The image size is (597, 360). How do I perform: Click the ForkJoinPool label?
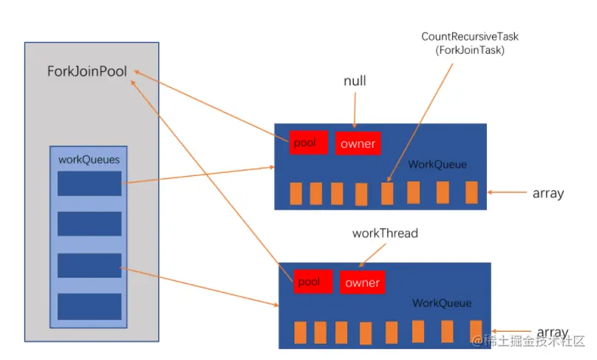click(x=86, y=71)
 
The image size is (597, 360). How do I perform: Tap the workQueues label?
click(x=89, y=159)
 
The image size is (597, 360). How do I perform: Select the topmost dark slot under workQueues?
click(x=89, y=183)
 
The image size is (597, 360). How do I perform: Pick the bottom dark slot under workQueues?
click(x=89, y=306)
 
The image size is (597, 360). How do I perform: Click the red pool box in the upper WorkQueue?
click(x=308, y=143)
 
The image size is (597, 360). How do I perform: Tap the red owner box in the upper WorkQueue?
click(x=358, y=143)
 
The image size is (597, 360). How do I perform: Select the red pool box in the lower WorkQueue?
click(x=313, y=282)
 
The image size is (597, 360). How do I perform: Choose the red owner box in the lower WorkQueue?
click(x=363, y=282)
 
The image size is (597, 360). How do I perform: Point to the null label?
click(x=355, y=81)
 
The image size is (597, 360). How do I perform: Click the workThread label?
click(x=385, y=233)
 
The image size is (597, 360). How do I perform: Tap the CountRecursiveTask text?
click(x=470, y=36)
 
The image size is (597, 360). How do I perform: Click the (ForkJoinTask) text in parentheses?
click(x=470, y=50)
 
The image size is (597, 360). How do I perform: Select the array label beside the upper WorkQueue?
click(x=548, y=193)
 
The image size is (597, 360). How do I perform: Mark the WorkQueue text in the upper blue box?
click(x=437, y=164)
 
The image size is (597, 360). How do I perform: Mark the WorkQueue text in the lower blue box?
click(x=442, y=303)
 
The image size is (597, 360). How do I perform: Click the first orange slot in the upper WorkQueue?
click(x=296, y=194)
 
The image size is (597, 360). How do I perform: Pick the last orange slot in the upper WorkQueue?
click(x=471, y=192)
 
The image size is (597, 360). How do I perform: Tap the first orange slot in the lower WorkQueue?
click(x=301, y=333)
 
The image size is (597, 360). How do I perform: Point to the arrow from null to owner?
click(x=355, y=110)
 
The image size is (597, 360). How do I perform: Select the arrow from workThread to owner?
click(x=372, y=255)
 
